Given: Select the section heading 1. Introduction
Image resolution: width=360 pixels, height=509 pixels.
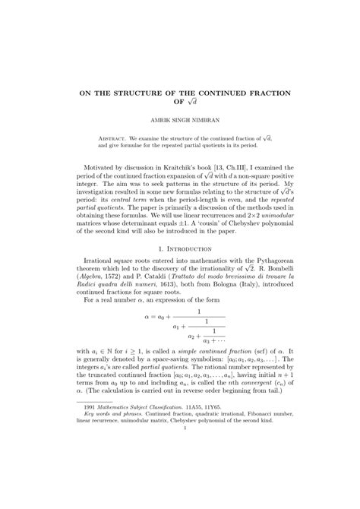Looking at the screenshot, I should pyautogui.click(x=179, y=269).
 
